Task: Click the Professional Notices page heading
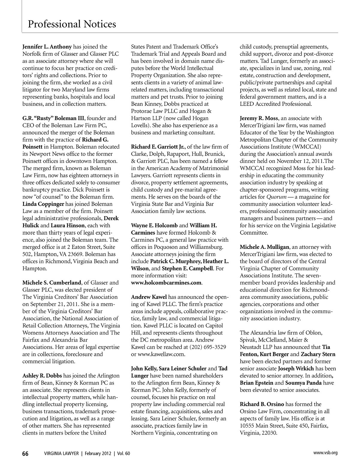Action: (72, 24)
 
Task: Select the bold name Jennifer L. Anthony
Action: (47, 47)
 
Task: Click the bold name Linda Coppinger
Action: (43, 204)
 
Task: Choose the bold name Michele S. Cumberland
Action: (52, 282)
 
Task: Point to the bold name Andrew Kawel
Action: (149, 297)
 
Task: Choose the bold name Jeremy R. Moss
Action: (259, 118)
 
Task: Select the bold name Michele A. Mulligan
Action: (264, 247)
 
